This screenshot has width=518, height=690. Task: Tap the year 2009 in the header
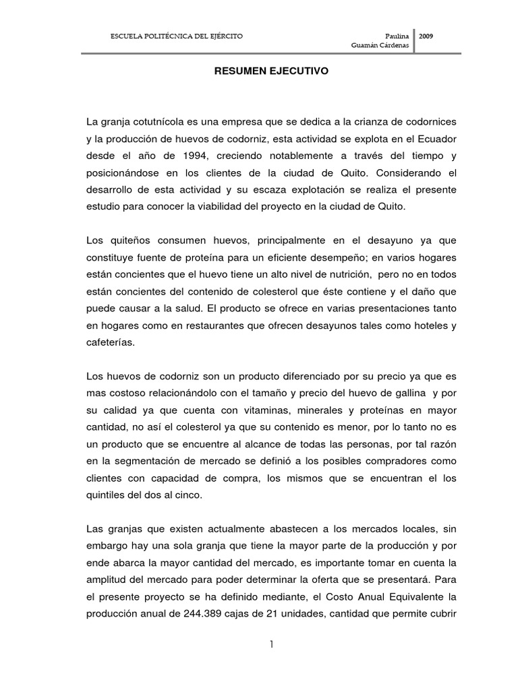coord(426,35)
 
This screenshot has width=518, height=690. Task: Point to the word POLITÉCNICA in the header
coord(163,35)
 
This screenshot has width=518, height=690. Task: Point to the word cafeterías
coord(111,342)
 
